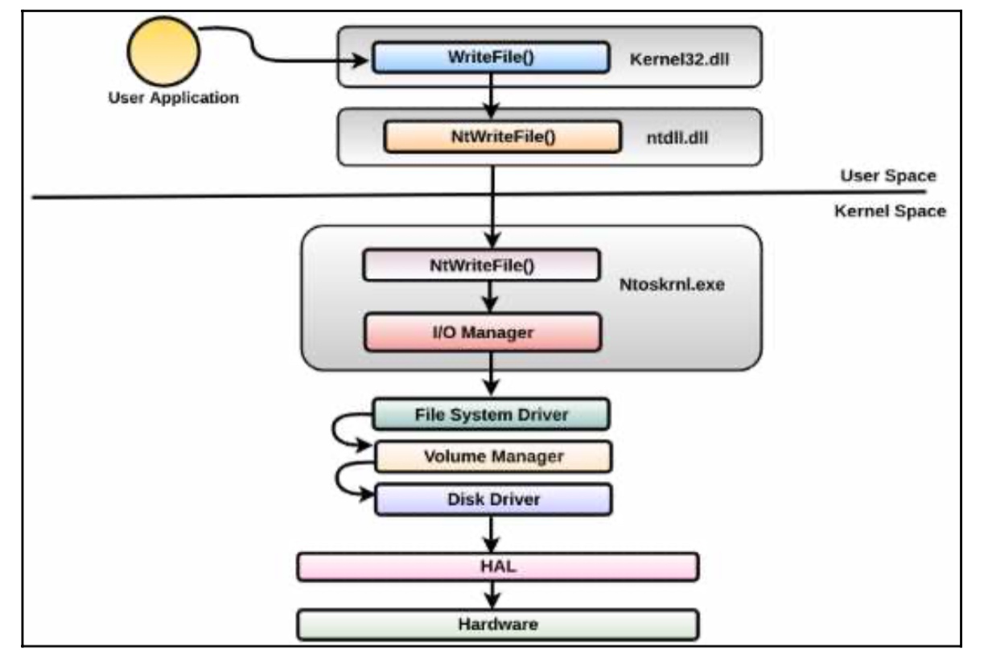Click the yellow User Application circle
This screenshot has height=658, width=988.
pos(163,51)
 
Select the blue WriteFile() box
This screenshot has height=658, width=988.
pos(491,57)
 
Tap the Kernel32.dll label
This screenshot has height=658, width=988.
pos(679,59)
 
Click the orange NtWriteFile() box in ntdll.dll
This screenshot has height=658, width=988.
pos(503,137)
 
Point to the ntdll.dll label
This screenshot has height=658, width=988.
pos(677,138)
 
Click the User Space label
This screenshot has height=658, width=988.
pos(888,175)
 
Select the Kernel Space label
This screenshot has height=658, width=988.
pos(890,211)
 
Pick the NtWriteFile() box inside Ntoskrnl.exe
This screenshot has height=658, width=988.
pos(482,265)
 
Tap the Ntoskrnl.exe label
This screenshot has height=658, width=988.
pos(672,285)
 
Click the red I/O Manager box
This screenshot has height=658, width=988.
pos(483,332)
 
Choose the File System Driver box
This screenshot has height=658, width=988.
pos(491,414)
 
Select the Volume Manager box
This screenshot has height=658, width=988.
pos(493,456)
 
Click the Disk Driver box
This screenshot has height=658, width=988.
pos(493,500)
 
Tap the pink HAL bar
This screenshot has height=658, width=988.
pos(498,567)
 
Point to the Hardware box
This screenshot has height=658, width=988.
pos(498,624)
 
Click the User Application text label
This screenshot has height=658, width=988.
pos(173,97)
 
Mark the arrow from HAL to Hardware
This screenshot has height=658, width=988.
pos(492,595)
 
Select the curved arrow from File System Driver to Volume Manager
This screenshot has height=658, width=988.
pos(334,430)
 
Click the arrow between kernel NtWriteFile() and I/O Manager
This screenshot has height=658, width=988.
pos(490,296)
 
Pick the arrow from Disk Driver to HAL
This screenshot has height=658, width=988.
pos(491,533)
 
